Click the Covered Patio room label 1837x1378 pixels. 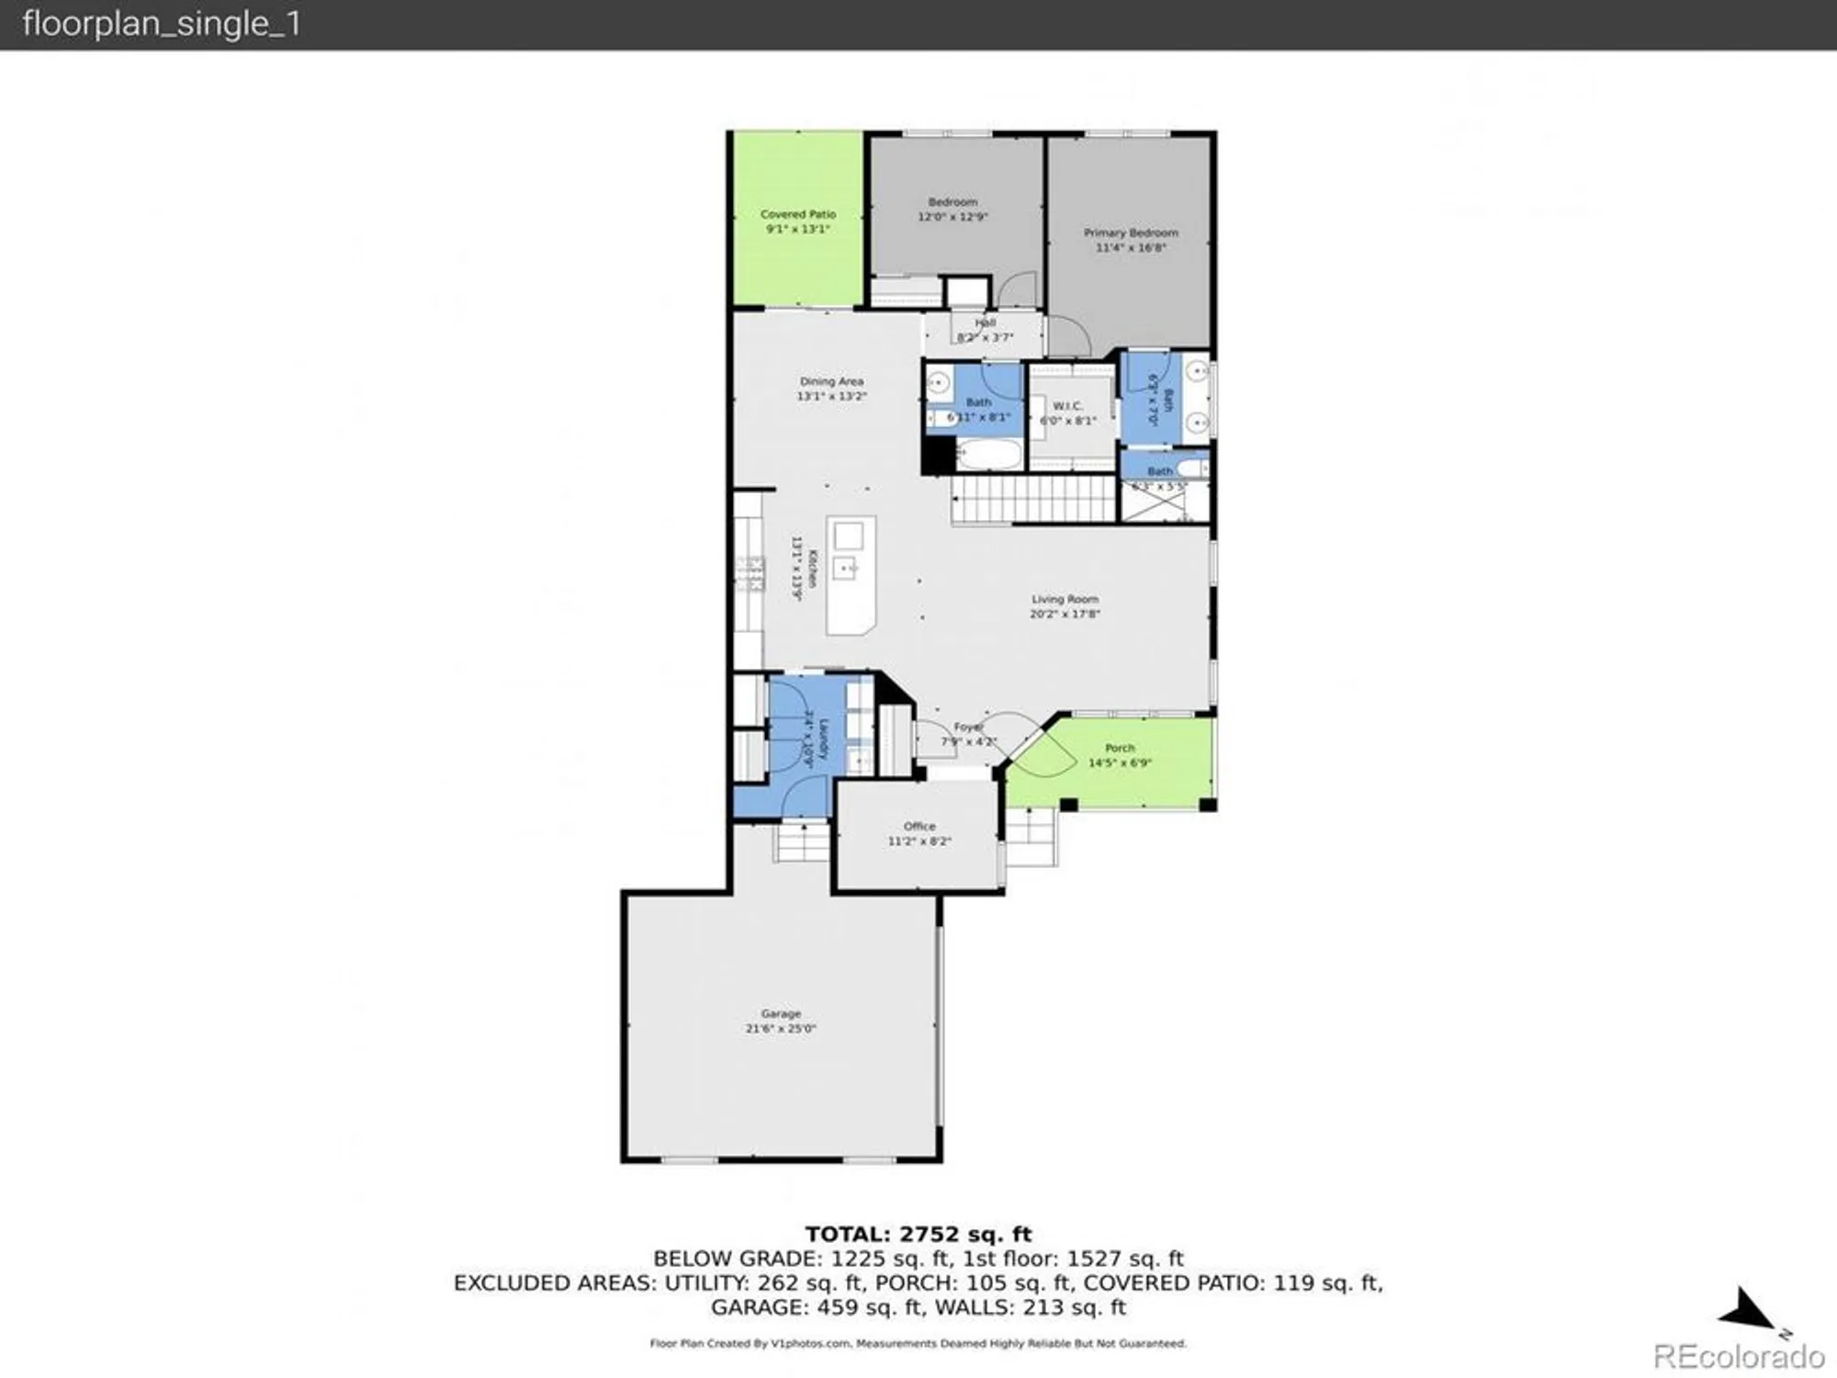(798, 214)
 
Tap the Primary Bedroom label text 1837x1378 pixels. (1131, 233)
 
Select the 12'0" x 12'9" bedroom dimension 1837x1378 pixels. (952, 217)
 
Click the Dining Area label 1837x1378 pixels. (831, 381)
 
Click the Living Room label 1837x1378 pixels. (1065, 599)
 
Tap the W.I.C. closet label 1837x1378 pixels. (1067, 406)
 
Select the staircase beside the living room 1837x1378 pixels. (1033, 501)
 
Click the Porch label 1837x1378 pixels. (1120, 748)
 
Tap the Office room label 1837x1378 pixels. (919, 826)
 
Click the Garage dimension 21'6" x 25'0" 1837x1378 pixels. (781, 1029)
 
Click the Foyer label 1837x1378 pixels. (968, 727)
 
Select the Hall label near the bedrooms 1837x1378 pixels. (986, 322)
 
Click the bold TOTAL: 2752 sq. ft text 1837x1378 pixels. (918, 1234)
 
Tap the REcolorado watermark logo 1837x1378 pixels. (1739, 1356)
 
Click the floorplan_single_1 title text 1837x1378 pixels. (162, 24)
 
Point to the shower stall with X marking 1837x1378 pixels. (1153, 502)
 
